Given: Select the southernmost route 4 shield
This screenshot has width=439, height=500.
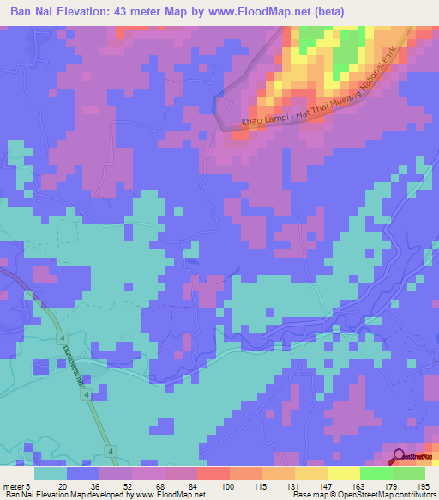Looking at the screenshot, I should click(111, 450).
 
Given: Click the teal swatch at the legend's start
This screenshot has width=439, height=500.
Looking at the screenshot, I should click(51, 473).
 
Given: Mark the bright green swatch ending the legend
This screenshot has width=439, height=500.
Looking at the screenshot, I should click(409, 473).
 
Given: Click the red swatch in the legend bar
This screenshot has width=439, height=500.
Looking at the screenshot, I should click(213, 473).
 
